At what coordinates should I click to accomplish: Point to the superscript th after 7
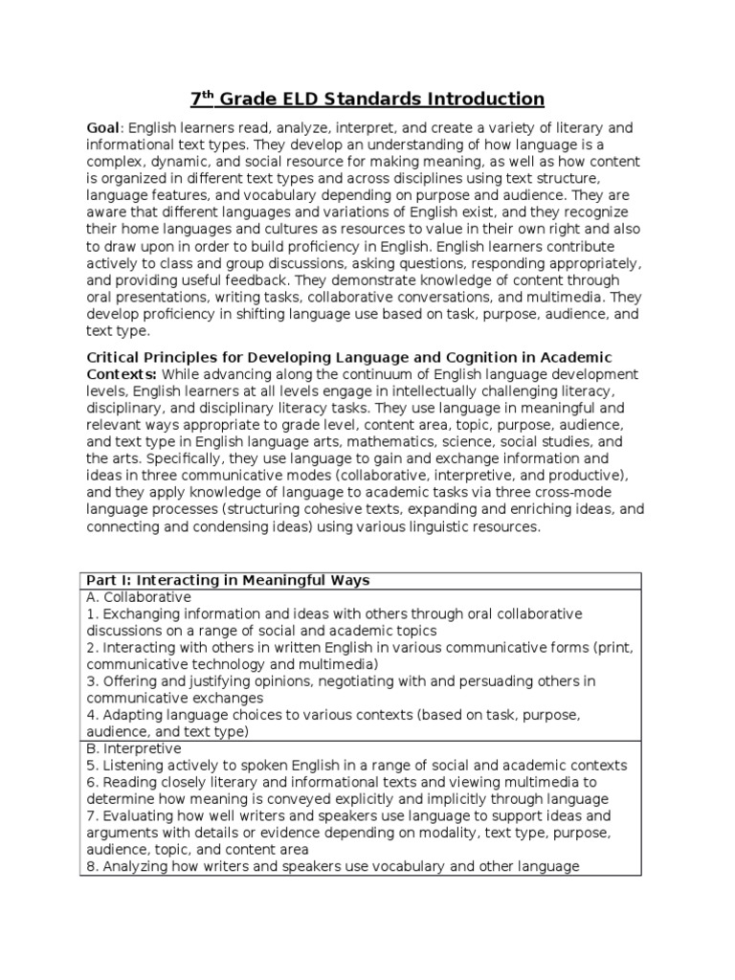click(209, 94)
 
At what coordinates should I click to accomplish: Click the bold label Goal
click(103, 128)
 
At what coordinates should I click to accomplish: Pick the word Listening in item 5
click(132, 765)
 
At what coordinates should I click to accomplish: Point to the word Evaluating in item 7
click(136, 815)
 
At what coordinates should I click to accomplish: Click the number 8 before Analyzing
click(90, 866)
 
